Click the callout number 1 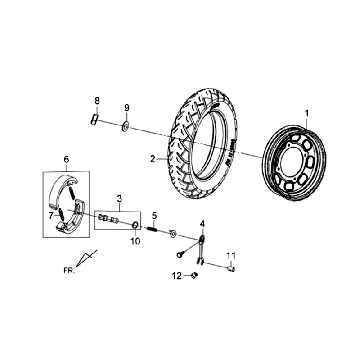[x=307, y=113]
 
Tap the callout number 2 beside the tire [x=153, y=159]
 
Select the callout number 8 [x=97, y=100]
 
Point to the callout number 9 [x=127, y=108]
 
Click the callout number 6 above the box [x=66, y=160]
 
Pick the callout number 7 [x=51, y=216]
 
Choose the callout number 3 [x=119, y=199]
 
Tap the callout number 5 [x=154, y=216]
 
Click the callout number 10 [x=135, y=241]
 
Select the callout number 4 [x=203, y=224]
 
